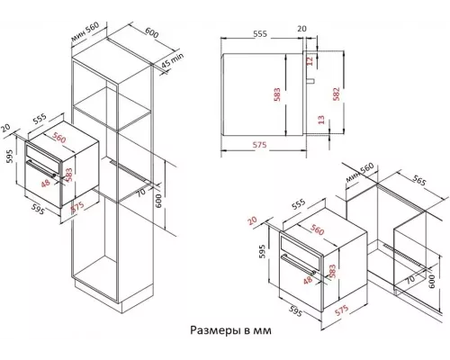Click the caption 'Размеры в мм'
pyautogui.click(x=229, y=330)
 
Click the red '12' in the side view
pyautogui.click(x=310, y=61)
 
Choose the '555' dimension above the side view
pyautogui.click(x=259, y=31)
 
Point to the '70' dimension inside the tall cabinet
pyautogui.click(x=141, y=192)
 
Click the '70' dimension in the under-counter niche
pyautogui.click(x=409, y=279)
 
